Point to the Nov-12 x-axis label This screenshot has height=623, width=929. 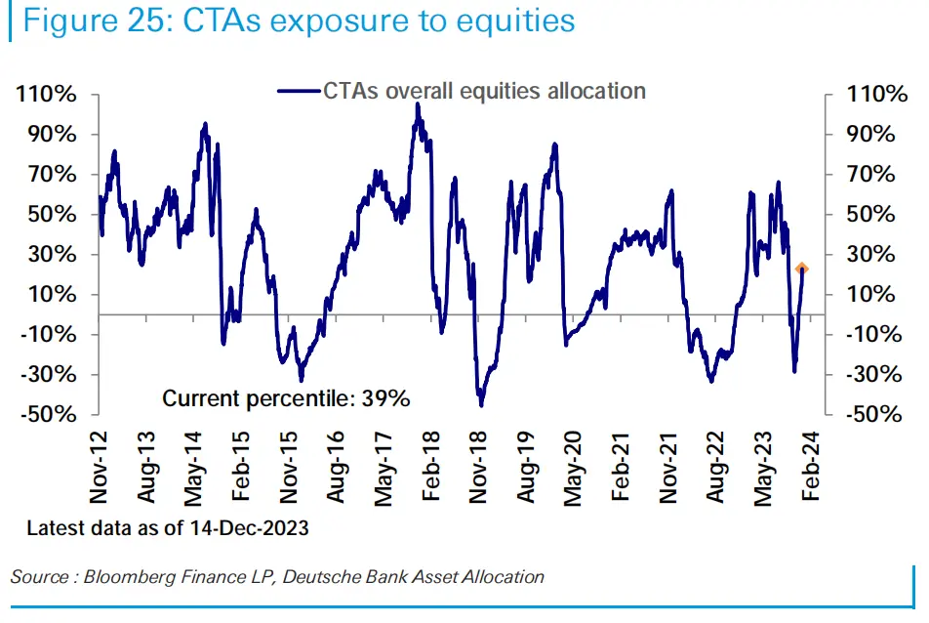tap(99, 468)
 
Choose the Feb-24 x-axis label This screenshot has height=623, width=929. tap(811, 468)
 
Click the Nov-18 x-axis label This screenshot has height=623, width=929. tap(477, 468)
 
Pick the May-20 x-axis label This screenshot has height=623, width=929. tap(574, 468)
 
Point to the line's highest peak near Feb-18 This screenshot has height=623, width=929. tap(418, 104)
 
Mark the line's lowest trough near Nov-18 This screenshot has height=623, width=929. tap(481, 404)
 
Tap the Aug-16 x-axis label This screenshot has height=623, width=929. tap(337, 468)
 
